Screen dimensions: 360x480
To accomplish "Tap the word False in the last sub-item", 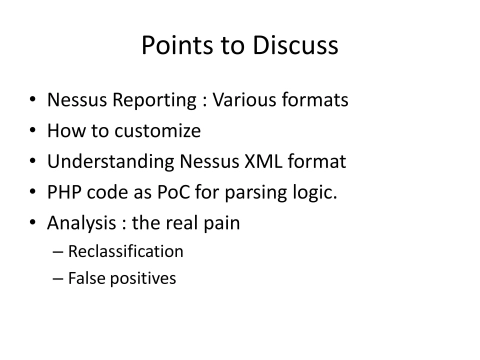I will (88, 277).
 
